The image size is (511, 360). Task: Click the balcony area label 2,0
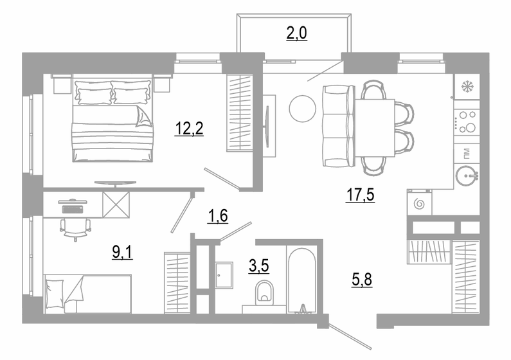point(297,33)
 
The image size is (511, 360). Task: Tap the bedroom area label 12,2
point(189,129)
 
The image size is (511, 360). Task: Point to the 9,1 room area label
point(123,251)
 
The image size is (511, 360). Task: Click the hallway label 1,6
point(218,215)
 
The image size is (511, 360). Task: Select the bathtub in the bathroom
point(301,280)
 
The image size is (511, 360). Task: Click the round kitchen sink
point(467,174)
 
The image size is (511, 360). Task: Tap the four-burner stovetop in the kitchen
point(466,122)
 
